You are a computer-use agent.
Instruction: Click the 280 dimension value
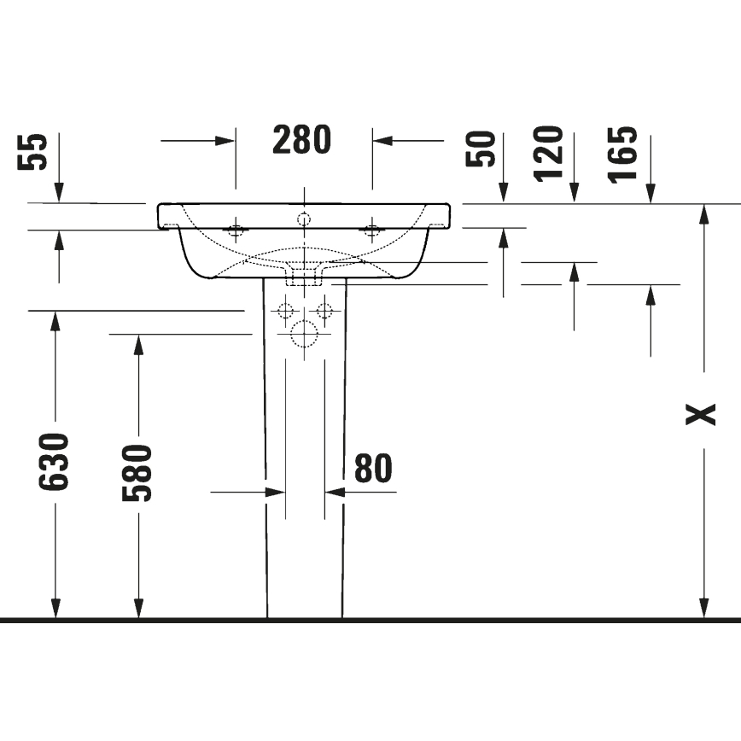click(302, 140)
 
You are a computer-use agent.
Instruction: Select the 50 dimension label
click(481, 149)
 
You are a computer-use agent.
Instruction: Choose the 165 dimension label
click(623, 154)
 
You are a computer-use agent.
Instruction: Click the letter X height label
click(702, 415)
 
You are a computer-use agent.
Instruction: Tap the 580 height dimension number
click(137, 473)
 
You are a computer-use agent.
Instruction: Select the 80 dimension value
click(373, 469)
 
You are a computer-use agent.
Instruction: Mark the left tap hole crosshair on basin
click(236, 229)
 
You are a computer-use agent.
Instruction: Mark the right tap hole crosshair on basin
click(371, 229)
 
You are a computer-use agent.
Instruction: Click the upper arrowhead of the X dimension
click(703, 214)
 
